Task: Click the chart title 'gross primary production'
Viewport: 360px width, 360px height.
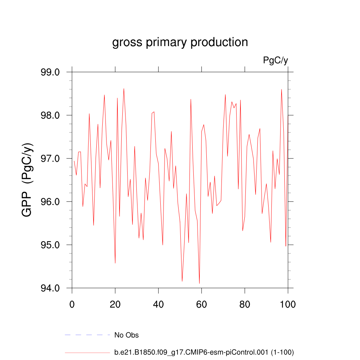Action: [x=180, y=42]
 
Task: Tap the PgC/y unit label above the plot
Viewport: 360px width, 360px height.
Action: [x=275, y=60]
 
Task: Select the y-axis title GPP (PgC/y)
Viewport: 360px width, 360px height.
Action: [x=27, y=180]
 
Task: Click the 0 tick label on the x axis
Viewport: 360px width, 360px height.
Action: [x=72, y=304]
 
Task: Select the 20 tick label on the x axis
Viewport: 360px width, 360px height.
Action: [x=115, y=304]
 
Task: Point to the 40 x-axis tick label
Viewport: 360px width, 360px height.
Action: [x=158, y=304]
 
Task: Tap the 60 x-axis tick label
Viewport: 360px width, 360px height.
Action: [x=201, y=304]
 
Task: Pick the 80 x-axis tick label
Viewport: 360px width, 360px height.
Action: [x=245, y=304]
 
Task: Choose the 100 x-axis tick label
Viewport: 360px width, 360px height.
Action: [x=288, y=304]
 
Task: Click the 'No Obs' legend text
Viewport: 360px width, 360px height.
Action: [x=127, y=335]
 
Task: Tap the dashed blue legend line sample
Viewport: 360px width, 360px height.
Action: [x=88, y=335]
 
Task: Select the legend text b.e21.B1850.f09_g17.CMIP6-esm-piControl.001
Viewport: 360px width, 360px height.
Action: [x=204, y=352]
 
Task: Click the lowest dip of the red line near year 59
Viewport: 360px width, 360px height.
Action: [x=199, y=283]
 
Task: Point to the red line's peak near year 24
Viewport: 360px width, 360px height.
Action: [x=124, y=89]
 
